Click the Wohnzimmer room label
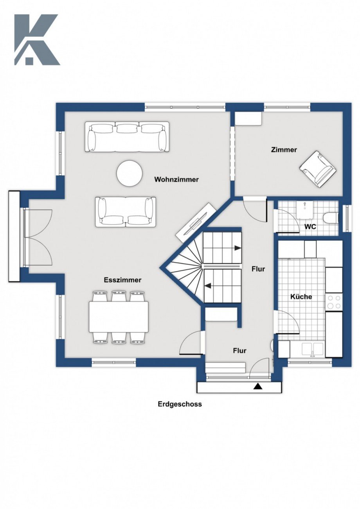point(176,180)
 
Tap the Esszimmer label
point(122,280)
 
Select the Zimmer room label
point(284,150)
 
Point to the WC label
point(310,227)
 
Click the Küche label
point(301,297)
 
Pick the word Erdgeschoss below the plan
point(180,404)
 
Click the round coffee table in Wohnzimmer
point(130,173)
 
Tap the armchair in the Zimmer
point(317,169)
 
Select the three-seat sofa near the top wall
point(127,136)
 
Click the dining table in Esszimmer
point(119,317)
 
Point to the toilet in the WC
point(331,218)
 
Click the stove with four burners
point(334,302)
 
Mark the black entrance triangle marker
point(257,387)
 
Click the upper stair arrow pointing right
point(237,247)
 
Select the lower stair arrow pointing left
point(210,286)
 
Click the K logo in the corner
point(36,39)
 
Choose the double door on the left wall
point(37,237)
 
